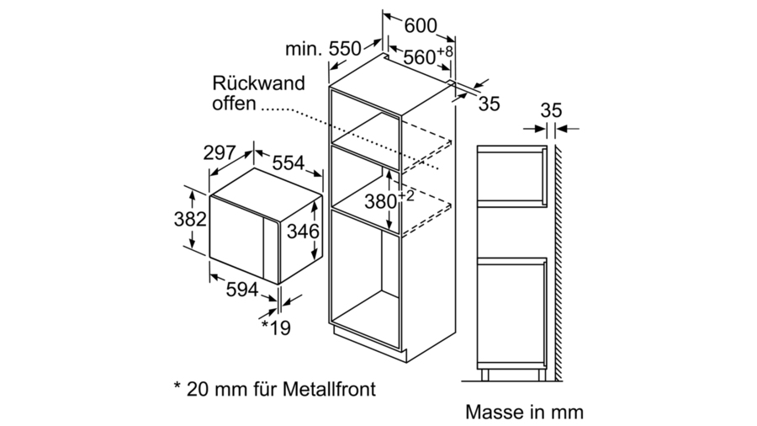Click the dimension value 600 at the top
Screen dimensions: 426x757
pos(421,26)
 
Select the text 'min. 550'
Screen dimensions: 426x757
pos(322,50)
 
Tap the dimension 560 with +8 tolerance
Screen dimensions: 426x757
pos(427,56)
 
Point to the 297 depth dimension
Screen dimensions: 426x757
pos(220,153)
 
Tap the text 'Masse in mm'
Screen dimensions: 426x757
pos(523,413)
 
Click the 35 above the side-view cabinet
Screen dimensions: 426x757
pos(551,110)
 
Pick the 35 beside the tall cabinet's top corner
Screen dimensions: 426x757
pos(489,104)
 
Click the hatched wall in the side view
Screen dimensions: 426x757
pos(557,253)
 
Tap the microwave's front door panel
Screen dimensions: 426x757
pos(240,232)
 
